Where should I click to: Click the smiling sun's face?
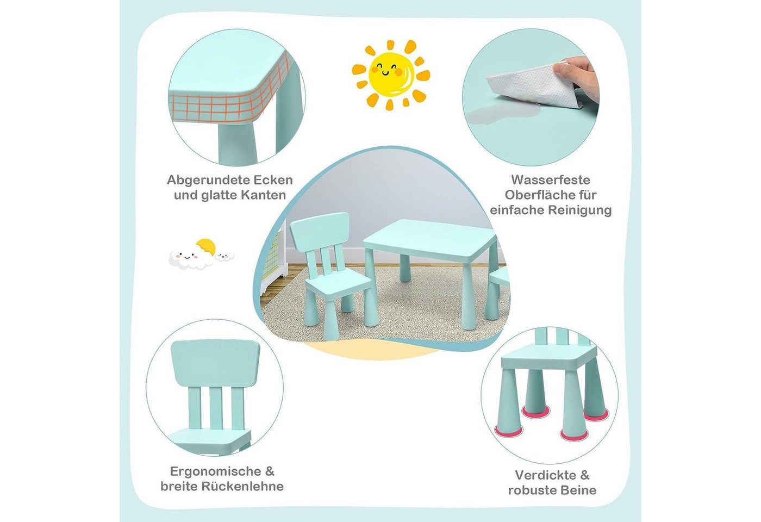coord(391,74)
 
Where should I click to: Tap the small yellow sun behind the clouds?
coord(206,246)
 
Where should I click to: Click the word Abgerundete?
coord(206,180)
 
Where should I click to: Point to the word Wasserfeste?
coord(551,180)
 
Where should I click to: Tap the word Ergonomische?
coord(215,472)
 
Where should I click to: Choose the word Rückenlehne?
coord(242,486)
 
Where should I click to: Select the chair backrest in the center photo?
coord(320,227)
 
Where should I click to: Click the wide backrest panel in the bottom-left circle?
coord(215,363)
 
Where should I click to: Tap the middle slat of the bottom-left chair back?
coord(216,408)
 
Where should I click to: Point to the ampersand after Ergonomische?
coord(270,472)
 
